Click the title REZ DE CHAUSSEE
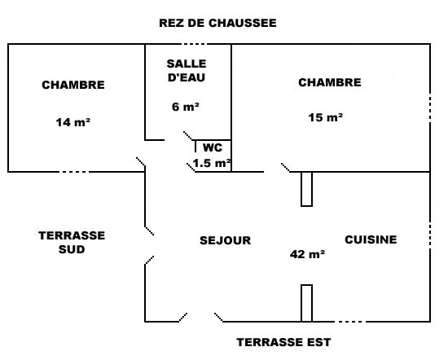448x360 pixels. [x=217, y=23]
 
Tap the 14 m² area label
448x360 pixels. [x=73, y=122]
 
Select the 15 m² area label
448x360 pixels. [x=326, y=117]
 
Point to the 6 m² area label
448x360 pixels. [x=186, y=107]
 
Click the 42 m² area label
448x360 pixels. [x=307, y=254]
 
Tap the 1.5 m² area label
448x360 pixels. [x=212, y=163]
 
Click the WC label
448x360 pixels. [x=213, y=147]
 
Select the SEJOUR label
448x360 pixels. [x=225, y=240]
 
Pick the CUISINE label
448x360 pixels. [x=371, y=239]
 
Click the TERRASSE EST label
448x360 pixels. [x=283, y=342]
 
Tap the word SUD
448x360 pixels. [x=72, y=249]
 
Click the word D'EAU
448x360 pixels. [x=187, y=77]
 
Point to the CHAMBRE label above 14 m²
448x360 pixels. [x=73, y=85]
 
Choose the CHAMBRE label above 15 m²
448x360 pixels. [x=330, y=82]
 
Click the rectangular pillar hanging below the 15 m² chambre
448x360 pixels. [x=306, y=189]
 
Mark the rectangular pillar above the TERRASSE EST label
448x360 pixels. [x=306, y=303]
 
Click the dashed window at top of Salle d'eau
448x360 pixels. [x=195, y=44]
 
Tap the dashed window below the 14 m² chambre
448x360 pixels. [x=74, y=172]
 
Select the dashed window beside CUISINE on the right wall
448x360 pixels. [x=430, y=235]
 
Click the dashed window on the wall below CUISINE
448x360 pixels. [x=350, y=322]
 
